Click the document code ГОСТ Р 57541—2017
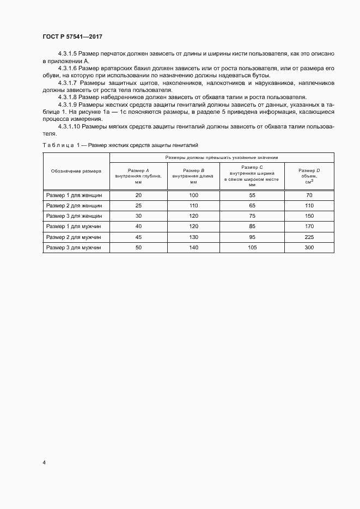(72, 36)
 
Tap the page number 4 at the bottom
(44, 462)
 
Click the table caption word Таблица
(58, 145)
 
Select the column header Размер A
(138, 170)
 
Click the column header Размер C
(252, 167)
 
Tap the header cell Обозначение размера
(76, 170)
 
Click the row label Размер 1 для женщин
(76, 195)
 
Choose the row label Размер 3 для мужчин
(76, 247)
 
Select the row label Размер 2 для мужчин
(76, 237)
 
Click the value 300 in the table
(309, 247)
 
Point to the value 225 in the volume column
(309, 237)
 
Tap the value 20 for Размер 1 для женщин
(138, 195)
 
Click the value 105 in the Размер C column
(252, 247)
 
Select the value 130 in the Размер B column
(194, 237)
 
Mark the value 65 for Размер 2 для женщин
(252, 206)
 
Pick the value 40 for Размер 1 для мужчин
(138, 226)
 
